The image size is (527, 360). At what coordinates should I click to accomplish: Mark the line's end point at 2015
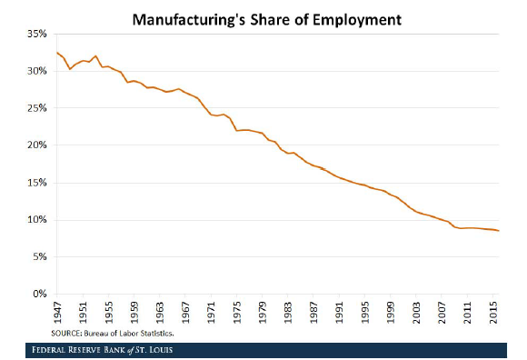coord(498,231)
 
